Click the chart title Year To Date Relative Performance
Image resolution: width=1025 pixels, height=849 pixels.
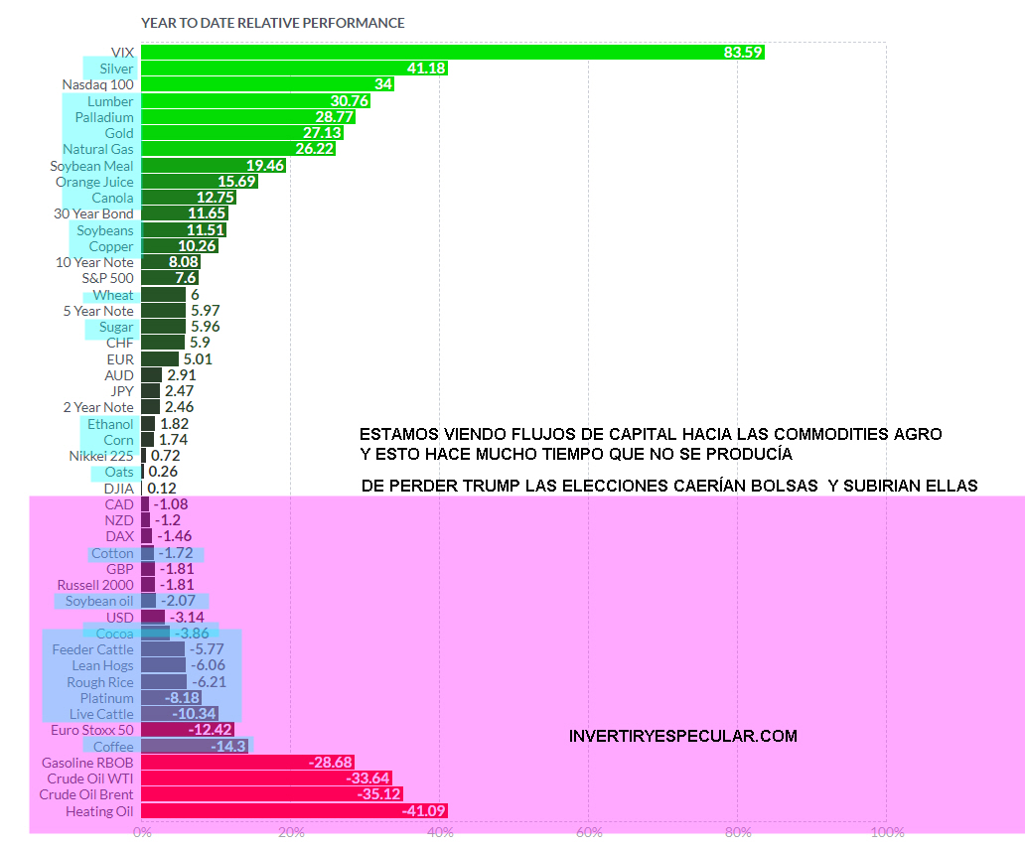[272, 23]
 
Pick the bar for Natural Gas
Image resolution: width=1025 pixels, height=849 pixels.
[237, 149]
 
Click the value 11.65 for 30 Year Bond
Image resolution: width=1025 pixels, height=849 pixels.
[208, 213]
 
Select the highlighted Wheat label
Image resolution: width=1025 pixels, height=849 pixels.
[113, 295]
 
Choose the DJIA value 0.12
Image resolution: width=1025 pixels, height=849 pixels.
[161, 489]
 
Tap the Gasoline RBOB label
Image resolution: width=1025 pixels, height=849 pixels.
[87, 763]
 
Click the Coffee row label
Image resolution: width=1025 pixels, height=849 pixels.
[113, 747]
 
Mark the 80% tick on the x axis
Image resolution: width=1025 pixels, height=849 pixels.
[738, 832]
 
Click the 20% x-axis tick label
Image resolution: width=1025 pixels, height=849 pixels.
[291, 832]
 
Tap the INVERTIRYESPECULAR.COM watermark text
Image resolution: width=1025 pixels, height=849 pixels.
[683, 737]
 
